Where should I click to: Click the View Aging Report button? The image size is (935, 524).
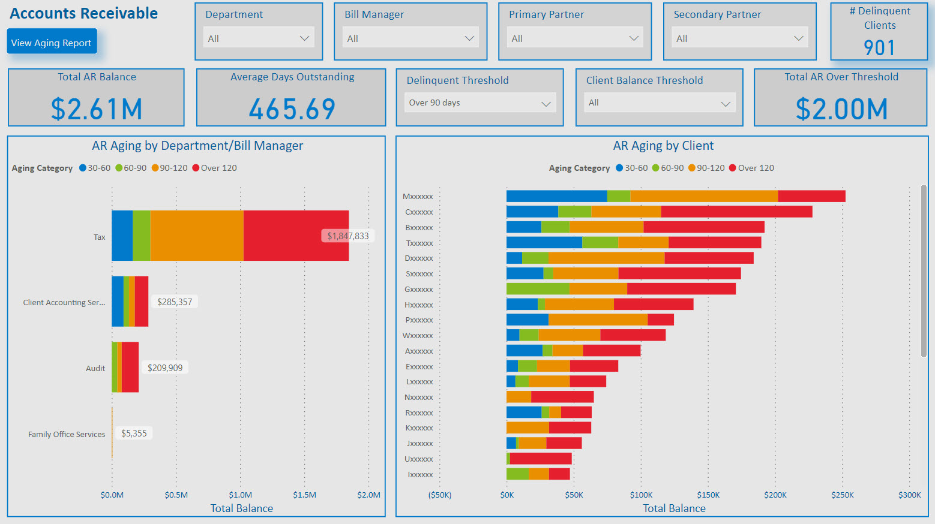click(52, 42)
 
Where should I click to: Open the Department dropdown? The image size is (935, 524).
click(258, 38)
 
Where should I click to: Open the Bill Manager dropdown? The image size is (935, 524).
click(410, 38)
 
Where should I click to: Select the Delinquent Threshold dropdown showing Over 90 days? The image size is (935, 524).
click(480, 103)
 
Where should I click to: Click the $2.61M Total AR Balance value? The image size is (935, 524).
click(97, 109)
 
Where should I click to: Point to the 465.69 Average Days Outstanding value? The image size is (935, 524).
click(292, 109)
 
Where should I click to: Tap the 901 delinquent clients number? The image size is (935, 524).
click(879, 48)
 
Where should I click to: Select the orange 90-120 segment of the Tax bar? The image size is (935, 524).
click(197, 236)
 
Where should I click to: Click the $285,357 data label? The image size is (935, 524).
click(175, 302)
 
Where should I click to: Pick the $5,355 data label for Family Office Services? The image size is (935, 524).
click(134, 433)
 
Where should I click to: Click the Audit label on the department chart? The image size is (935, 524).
click(95, 368)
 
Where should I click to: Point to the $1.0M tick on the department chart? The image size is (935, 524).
click(240, 495)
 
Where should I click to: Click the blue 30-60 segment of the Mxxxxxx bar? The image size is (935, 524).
click(556, 196)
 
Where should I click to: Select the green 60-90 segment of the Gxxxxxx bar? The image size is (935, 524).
click(537, 289)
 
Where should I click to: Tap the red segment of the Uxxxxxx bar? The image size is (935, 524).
click(541, 459)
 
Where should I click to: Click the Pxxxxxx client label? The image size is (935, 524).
click(419, 320)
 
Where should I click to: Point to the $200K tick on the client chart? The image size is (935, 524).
click(775, 495)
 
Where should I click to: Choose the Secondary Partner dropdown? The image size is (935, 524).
click(739, 38)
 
